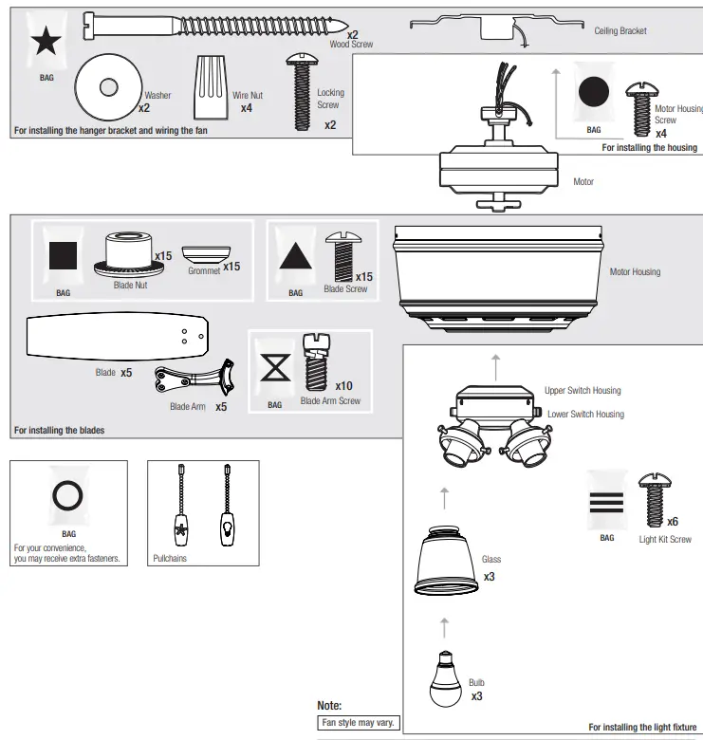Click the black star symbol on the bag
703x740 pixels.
46,42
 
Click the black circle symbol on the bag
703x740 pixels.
594,92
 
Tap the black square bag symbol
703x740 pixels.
64,254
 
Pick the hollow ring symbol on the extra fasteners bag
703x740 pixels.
68,494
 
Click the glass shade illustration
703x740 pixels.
446,561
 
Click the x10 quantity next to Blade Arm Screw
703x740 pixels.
343,386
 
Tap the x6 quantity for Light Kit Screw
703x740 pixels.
673,522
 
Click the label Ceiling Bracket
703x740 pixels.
620,31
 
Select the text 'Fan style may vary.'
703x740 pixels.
359,723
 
